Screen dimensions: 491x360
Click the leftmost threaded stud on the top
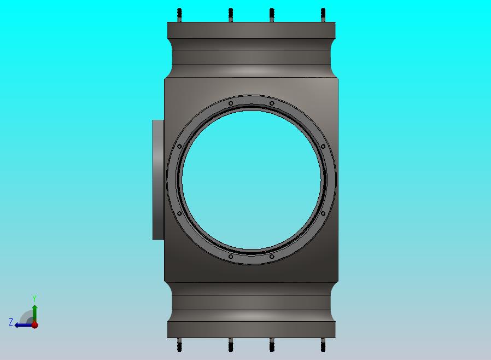[x=179, y=15]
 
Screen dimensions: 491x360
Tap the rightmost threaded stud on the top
[x=323, y=15]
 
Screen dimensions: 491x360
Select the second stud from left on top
[x=231, y=15]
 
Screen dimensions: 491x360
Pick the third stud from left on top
[x=272, y=15]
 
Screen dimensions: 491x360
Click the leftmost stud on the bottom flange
[x=179, y=345]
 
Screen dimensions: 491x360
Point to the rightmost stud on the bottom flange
[x=323, y=345]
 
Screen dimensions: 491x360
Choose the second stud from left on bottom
[x=231, y=345]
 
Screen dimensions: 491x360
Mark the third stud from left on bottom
[x=272, y=345]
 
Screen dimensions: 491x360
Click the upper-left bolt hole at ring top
[x=231, y=103]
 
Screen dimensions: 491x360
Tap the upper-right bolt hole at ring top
[x=272, y=103]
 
